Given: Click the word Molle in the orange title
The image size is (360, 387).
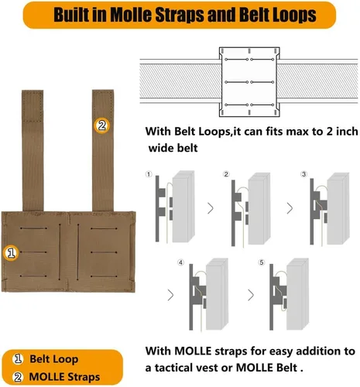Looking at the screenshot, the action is coord(132,15).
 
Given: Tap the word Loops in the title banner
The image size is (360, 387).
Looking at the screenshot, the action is coord(294,15).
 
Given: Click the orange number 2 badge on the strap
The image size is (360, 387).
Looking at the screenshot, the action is coord(101,125).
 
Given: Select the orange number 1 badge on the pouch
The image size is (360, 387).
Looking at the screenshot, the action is coord(11,253).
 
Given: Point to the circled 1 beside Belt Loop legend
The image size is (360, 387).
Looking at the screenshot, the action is coord(18,359).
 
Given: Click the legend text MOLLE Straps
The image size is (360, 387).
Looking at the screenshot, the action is coord(64,377).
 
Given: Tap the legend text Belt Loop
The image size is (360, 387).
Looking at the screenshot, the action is coord(54,359).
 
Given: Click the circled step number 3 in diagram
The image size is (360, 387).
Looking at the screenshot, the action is coord(303,174).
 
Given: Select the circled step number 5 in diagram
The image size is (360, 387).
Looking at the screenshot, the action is coord(262,262).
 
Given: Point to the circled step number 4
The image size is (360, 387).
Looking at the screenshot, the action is coord(180,262).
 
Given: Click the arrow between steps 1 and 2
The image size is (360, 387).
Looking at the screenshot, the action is coord(211,208).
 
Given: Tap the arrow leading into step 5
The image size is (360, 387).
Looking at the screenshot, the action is coord(251,295).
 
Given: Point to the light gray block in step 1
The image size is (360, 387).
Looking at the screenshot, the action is coord(183,207).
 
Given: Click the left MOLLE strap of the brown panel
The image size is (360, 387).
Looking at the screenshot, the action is coord(33,151).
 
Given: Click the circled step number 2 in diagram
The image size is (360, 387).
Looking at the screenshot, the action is coord(226,174).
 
